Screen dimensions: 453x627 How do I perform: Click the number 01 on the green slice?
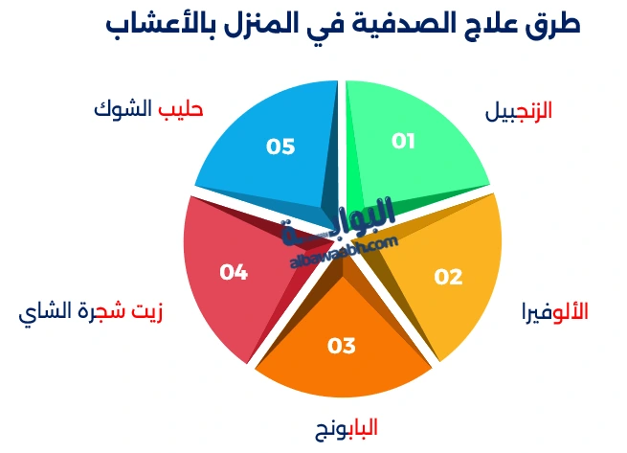(403, 141)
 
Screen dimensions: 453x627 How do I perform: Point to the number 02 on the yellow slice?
(448, 278)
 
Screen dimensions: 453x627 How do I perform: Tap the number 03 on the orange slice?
(341, 346)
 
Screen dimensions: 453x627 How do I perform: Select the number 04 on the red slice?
(234, 272)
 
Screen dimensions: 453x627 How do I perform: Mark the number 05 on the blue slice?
(280, 147)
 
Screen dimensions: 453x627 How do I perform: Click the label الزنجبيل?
(518, 111)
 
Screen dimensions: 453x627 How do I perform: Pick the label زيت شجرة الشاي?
(91, 313)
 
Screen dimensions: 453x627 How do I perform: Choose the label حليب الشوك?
(148, 108)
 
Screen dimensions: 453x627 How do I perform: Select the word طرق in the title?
(553, 25)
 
